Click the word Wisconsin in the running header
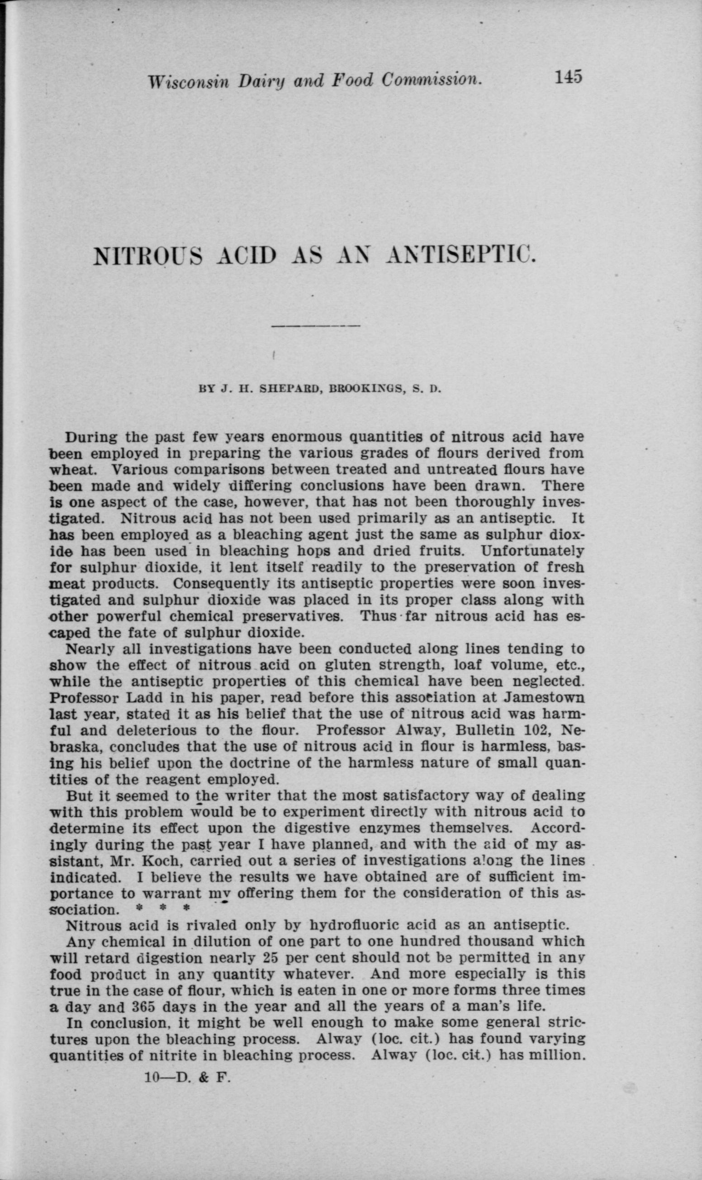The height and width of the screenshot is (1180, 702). click(x=188, y=82)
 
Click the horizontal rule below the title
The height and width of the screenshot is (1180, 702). click(x=317, y=326)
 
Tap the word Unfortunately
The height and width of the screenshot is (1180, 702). click(x=532, y=551)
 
